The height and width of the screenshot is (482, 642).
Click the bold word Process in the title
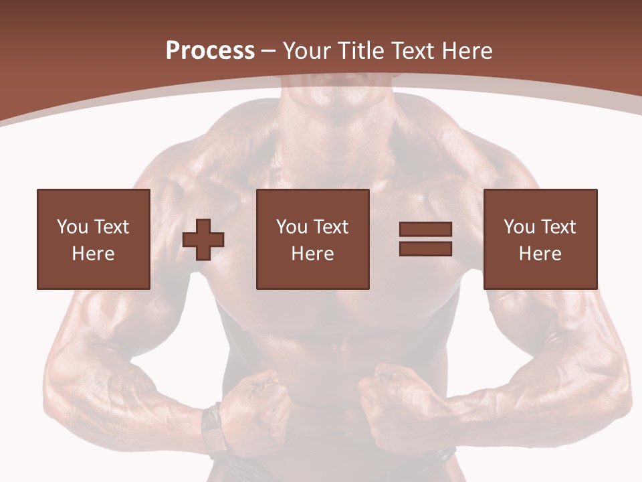click(x=210, y=51)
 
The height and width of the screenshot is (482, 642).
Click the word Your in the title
click(x=306, y=51)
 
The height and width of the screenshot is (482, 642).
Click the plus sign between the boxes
click(x=203, y=240)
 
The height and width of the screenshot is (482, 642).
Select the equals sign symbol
click(x=425, y=239)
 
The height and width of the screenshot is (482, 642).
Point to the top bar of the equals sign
click(x=425, y=230)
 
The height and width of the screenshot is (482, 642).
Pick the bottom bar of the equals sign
click(x=425, y=248)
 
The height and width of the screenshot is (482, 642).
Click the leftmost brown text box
click(x=93, y=239)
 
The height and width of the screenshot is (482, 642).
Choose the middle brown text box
click(x=312, y=239)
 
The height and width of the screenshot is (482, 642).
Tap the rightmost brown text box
click(x=540, y=239)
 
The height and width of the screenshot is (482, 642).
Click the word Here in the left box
click(x=93, y=254)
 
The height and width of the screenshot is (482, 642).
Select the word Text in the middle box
click(x=330, y=227)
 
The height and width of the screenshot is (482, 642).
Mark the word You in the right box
click(x=520, y=227)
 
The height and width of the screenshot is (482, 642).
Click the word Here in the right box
click(x=540, y=254)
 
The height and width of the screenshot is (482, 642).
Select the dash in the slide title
click(x=269, y=51)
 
